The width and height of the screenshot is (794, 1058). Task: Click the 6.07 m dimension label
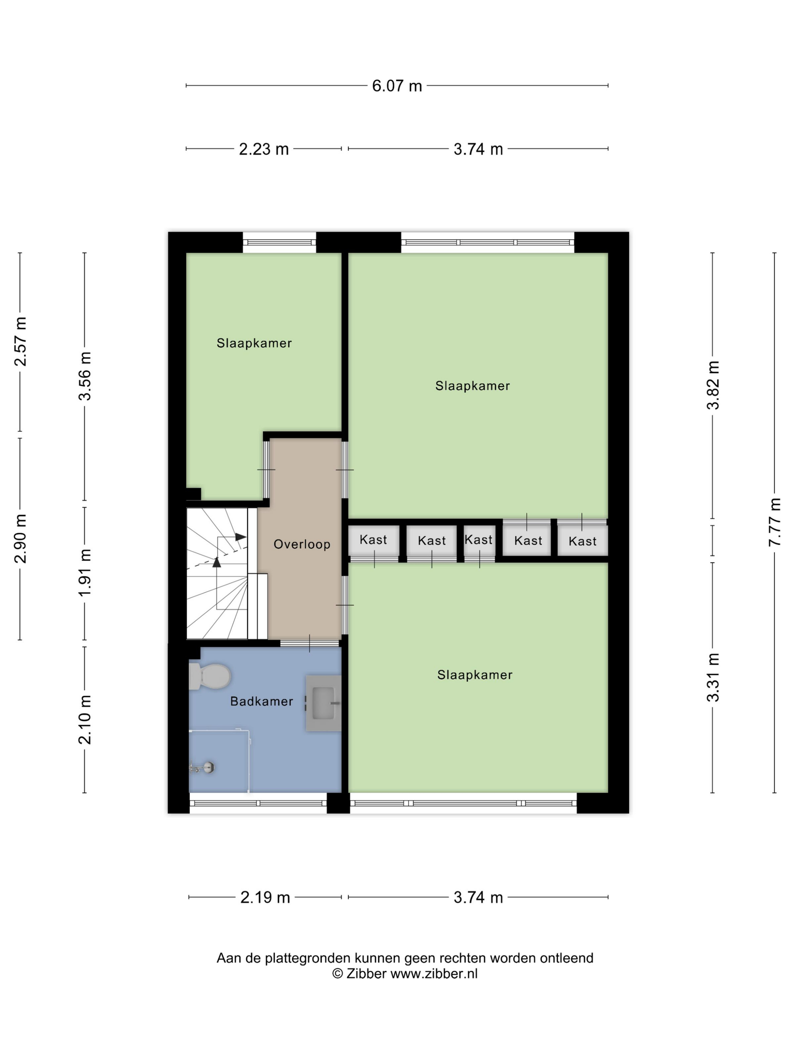coord(397,86)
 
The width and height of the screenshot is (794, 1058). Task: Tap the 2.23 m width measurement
coord(264,149)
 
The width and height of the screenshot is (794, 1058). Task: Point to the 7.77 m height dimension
coord(774,522)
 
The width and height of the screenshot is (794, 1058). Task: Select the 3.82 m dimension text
coord(713,385)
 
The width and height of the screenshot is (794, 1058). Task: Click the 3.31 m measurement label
coord(713,676)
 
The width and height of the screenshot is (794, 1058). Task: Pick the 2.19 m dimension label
coord(265,897)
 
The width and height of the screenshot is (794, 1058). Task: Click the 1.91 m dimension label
coord(85,572)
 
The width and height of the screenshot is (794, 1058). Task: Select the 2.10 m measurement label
coord(85,720)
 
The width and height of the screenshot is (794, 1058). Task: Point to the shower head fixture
coord(203,767)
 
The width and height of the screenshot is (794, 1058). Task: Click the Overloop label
coord(301,544)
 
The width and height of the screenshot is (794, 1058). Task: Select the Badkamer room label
coord(261,702)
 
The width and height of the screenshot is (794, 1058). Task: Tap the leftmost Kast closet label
coord(373,540)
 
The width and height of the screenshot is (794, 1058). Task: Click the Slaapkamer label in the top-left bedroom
coord(254,343)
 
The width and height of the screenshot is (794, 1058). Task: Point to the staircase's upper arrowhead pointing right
coord(241,537)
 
